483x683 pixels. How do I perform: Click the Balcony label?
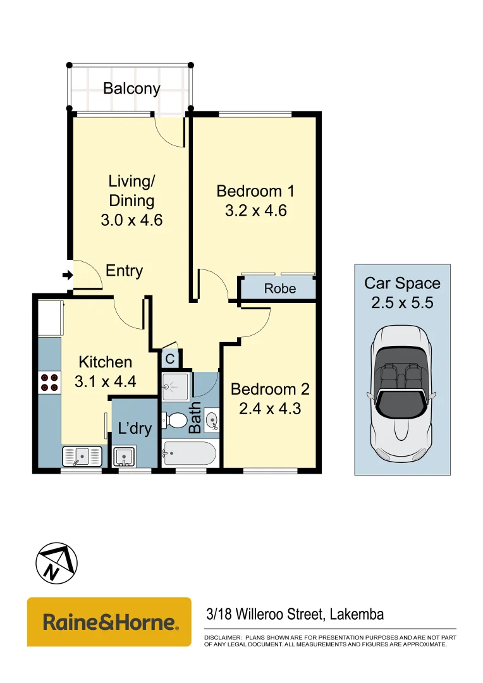131,89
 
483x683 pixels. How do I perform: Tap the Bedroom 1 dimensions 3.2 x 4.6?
255,211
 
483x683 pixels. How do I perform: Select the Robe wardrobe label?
279,289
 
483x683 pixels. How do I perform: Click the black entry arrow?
67,275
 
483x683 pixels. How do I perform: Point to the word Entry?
124,271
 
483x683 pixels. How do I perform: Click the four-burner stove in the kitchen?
49,382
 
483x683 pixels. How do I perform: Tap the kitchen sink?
82,455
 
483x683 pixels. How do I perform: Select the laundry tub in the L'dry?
124,456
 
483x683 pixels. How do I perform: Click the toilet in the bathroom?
175,420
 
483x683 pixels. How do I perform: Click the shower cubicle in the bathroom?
175,387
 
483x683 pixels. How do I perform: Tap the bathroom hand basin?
211,419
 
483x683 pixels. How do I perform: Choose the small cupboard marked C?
170,359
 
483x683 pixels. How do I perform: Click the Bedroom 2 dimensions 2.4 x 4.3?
269,409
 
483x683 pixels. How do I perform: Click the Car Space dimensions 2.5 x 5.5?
401,303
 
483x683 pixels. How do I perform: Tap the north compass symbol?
56,562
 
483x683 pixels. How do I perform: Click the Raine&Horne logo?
109,622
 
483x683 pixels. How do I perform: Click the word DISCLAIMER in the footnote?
222,637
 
